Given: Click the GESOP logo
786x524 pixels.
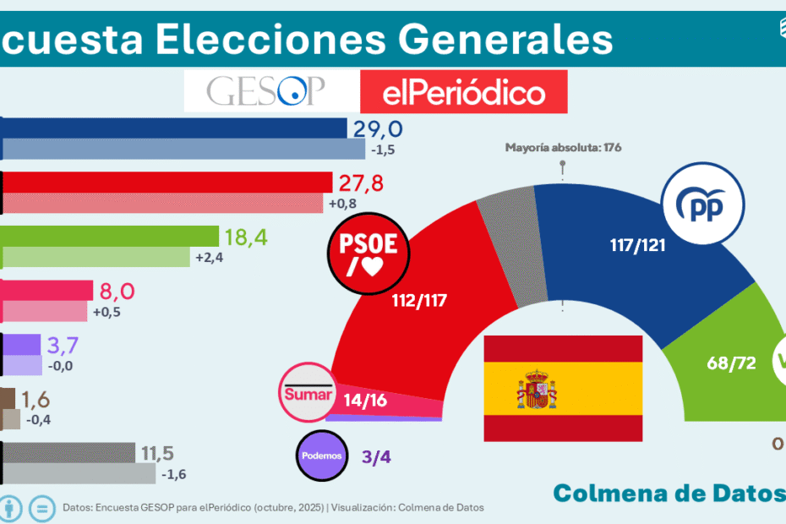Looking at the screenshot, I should (266, 91).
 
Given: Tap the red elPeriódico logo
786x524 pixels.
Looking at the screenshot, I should (463, 92).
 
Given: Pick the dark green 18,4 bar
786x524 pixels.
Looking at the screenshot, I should (111, 237).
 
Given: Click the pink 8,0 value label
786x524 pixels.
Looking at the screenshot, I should (118, 292).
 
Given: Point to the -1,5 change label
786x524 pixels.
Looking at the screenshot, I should (382, 150).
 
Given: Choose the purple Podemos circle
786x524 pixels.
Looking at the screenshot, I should (322, 456).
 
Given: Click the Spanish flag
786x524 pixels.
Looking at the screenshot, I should (563, 388).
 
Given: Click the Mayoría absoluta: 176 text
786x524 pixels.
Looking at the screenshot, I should (563, 147).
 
